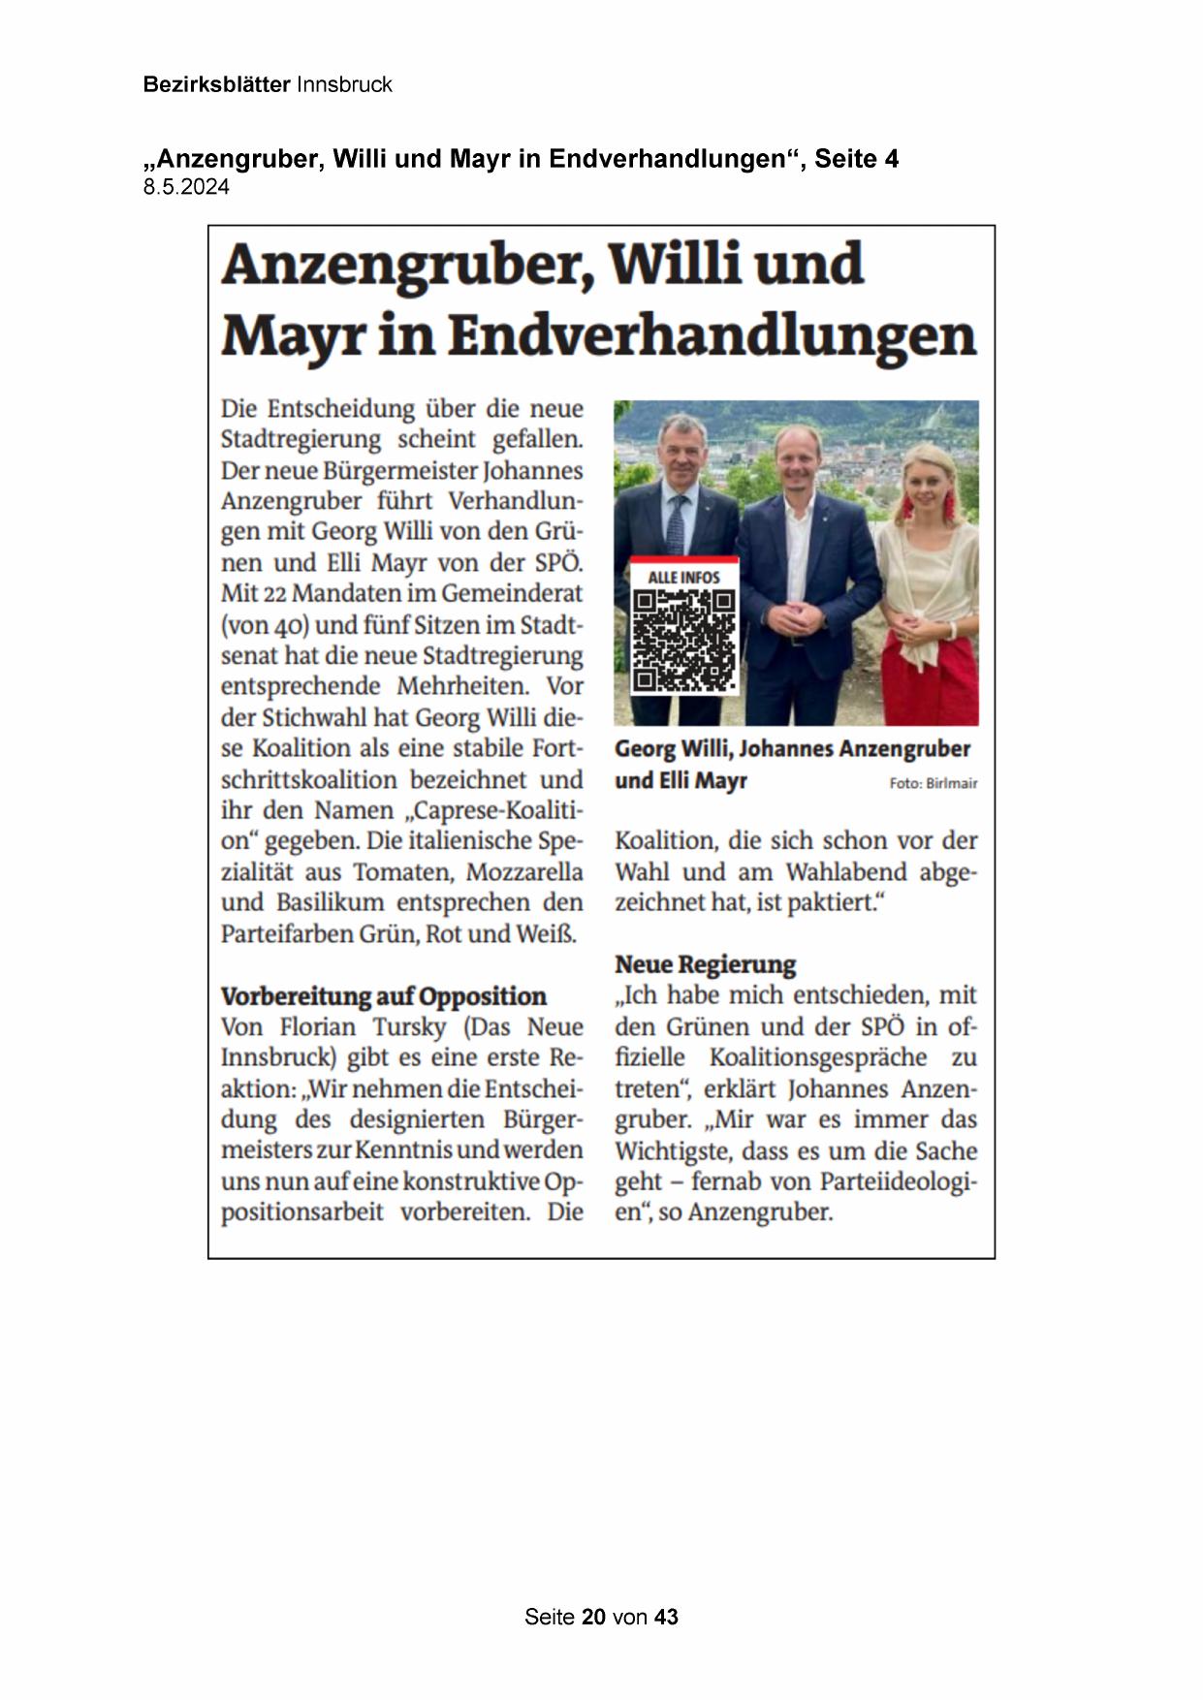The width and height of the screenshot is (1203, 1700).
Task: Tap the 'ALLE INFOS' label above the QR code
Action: point(683,577)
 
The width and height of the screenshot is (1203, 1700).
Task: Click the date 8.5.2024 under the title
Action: point(186,188)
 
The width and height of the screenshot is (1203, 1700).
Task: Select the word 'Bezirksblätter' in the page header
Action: point(216,84)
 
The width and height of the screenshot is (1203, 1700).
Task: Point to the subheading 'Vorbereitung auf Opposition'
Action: point(383,996)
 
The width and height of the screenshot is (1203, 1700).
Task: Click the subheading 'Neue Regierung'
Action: point(705,964)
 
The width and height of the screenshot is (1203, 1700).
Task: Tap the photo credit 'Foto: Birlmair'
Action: point(933,783)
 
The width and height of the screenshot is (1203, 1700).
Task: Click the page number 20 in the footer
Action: point(594,1617)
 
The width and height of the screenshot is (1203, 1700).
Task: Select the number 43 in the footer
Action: point(666,1617)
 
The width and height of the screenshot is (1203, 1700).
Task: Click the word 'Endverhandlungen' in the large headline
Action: point(712,335)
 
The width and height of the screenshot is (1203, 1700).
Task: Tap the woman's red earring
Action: point(908,504)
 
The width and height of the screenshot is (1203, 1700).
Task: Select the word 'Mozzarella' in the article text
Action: point(524,872)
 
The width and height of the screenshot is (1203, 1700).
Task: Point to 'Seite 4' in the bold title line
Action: point(856,159)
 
